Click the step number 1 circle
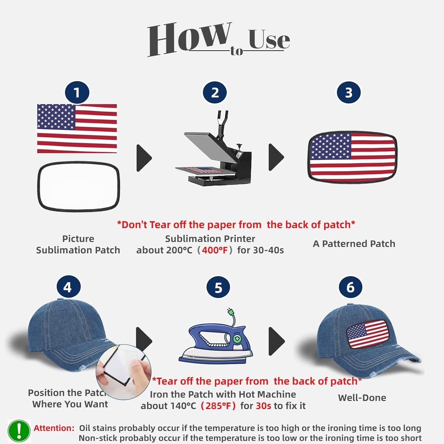(77, 92)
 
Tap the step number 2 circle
(215, 92)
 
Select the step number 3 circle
(349, 92)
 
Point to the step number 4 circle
(67, 287)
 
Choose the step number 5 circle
(218, 287)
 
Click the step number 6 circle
(350, 287)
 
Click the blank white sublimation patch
(78, 186)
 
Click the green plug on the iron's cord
(230, 311)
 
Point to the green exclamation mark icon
(19, 431)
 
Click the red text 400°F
(215, 250)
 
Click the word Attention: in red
(54, 428)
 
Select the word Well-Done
(362, 398)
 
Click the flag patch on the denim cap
(367, 334)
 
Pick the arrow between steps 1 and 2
(144, 158)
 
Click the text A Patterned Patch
(354, 244)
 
